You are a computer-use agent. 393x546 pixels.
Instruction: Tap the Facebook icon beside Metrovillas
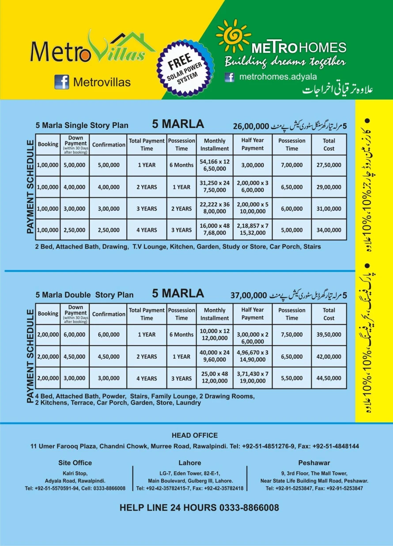pos(62,82)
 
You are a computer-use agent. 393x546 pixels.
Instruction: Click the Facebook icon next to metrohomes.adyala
pos(229,77)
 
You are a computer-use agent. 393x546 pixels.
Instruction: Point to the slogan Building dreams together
pos(285,61)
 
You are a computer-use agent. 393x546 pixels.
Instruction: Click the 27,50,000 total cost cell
pos(329,165)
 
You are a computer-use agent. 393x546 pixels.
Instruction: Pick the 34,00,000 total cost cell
pos(329,230)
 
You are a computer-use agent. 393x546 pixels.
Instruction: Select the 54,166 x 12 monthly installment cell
pos(215,165)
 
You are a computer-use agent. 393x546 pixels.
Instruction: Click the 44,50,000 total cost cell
pos(329,378)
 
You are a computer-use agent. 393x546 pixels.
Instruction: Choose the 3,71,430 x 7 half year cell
pos(253,378)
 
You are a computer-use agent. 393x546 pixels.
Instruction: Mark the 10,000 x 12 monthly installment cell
pos(215,335)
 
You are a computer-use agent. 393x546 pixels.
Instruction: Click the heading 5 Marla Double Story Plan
pos(84,295)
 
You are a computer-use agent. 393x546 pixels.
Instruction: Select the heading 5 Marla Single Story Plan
pos(82,125)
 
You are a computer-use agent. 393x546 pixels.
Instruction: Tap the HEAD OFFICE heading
pos(195,435)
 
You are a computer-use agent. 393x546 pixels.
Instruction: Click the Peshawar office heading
pos(314,463)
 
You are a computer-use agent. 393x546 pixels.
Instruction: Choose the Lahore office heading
pos(190,463)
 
